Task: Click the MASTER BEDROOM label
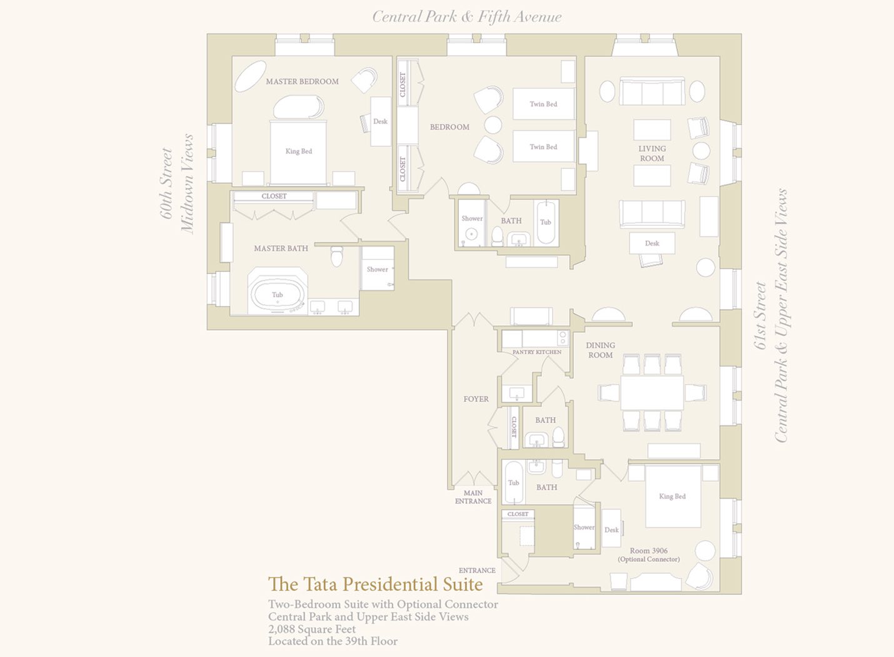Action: pos(302,81)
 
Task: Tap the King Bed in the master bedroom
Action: pos(298,153)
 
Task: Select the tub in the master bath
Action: pos(278,295)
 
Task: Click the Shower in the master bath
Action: pos(378,268)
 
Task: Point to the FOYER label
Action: pos(476,399)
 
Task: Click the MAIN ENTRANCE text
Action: pos(473,497)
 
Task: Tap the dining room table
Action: pos(652,392)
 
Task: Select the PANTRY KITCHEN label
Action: pos(537,352)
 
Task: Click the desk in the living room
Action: pos(652,243)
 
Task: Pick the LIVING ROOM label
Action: pos(651,153)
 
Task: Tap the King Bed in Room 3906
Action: pos(673,496)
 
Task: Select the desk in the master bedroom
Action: pos(380,121)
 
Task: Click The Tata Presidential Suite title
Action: pos(375,584)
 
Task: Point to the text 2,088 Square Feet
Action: pos(312,629)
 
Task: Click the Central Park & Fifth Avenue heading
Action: pos(467,17)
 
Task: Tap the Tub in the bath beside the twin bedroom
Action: pos(546,223)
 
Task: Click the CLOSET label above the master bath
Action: pos(274,196)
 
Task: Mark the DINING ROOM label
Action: pos(600,350)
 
